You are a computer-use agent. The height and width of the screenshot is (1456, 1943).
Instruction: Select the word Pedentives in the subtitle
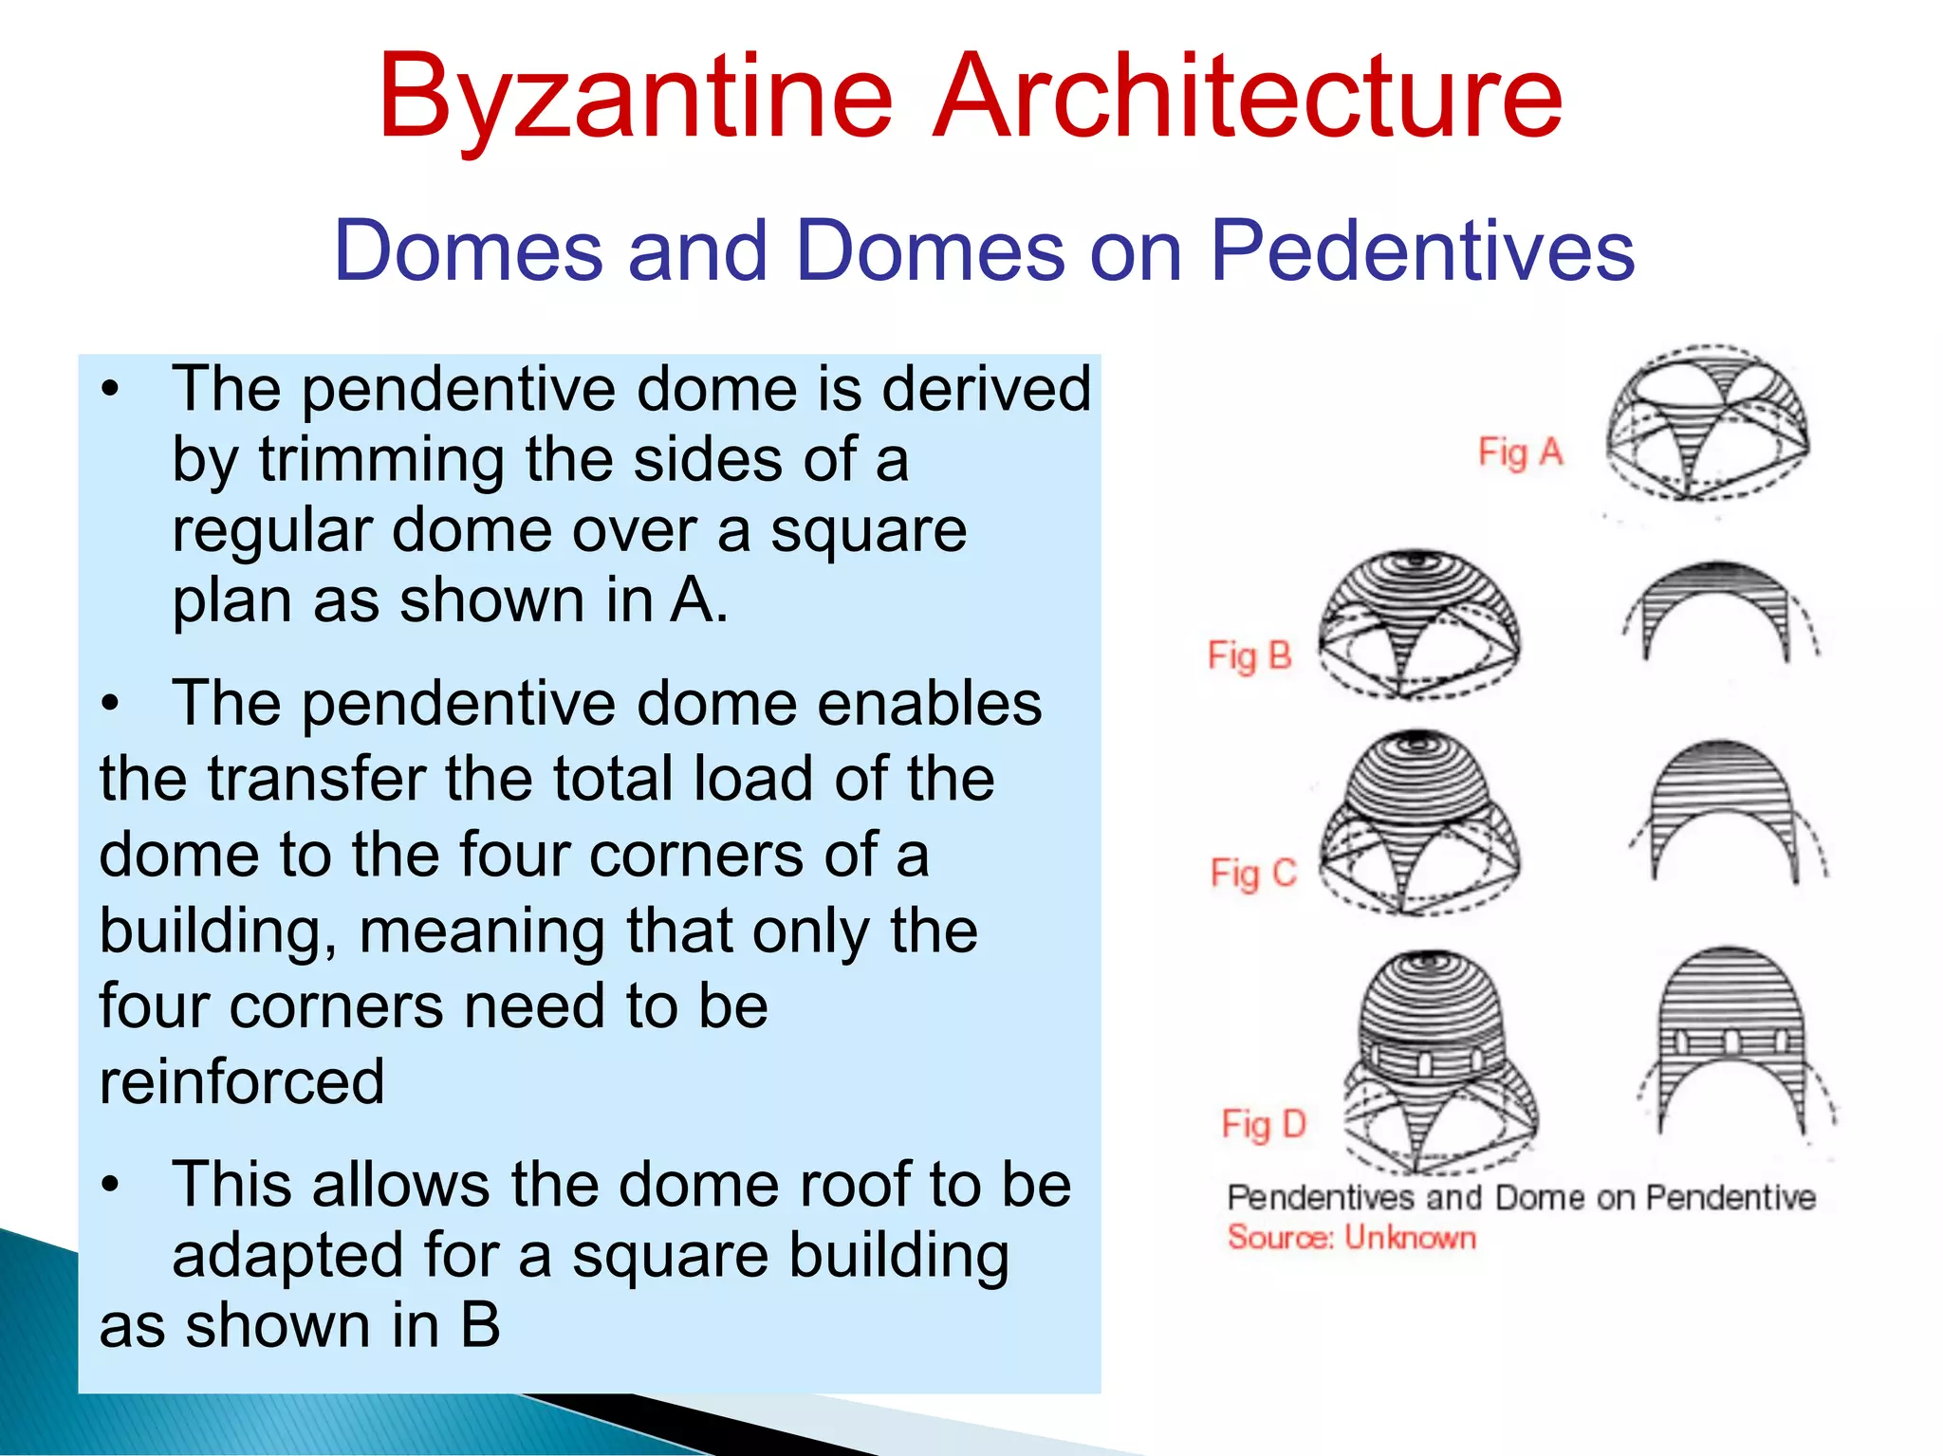(x=1422, y=250)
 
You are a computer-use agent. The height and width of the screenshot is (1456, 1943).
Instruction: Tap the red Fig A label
(x=1520, y=452)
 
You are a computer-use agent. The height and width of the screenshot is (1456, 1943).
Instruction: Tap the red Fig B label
(x=1249, y=655)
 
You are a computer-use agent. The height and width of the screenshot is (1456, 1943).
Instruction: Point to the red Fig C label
(x=1252, y=873)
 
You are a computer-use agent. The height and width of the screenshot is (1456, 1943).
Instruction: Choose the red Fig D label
(x=1264, y=1124)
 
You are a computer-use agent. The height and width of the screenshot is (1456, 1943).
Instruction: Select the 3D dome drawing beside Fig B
(x=1418, y=624)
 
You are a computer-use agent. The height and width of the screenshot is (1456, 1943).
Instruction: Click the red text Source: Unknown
(x=1351, y=1238)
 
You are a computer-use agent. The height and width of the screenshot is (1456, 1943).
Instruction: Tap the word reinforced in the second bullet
(x=242, y=1081)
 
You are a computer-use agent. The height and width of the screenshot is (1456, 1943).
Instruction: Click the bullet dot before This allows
(x=112, y=1186)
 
